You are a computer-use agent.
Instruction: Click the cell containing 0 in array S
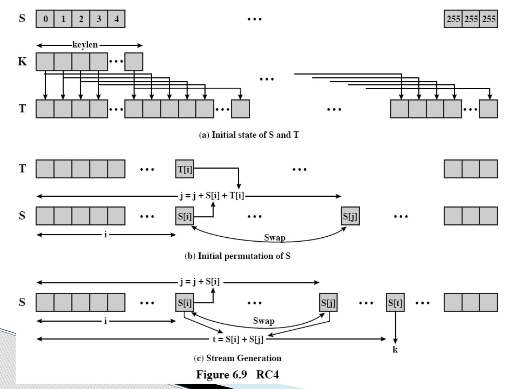45,19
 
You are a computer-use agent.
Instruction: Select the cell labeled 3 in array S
98,19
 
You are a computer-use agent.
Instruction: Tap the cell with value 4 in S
116,19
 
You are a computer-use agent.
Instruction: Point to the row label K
22,62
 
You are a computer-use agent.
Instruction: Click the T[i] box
185,169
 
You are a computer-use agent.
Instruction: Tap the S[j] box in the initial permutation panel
350,216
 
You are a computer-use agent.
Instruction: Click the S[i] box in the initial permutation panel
185,216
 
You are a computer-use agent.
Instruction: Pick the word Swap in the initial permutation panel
275,237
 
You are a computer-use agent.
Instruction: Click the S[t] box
395,303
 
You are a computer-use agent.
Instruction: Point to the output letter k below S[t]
395,349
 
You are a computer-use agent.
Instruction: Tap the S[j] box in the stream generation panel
328,303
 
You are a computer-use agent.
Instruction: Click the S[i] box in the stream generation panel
185,303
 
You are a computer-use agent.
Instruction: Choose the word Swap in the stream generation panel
263,321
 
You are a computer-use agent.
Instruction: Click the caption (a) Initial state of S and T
249,135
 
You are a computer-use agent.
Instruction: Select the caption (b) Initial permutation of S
238,256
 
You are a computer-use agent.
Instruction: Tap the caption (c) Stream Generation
238,358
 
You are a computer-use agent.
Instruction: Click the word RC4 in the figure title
267,375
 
